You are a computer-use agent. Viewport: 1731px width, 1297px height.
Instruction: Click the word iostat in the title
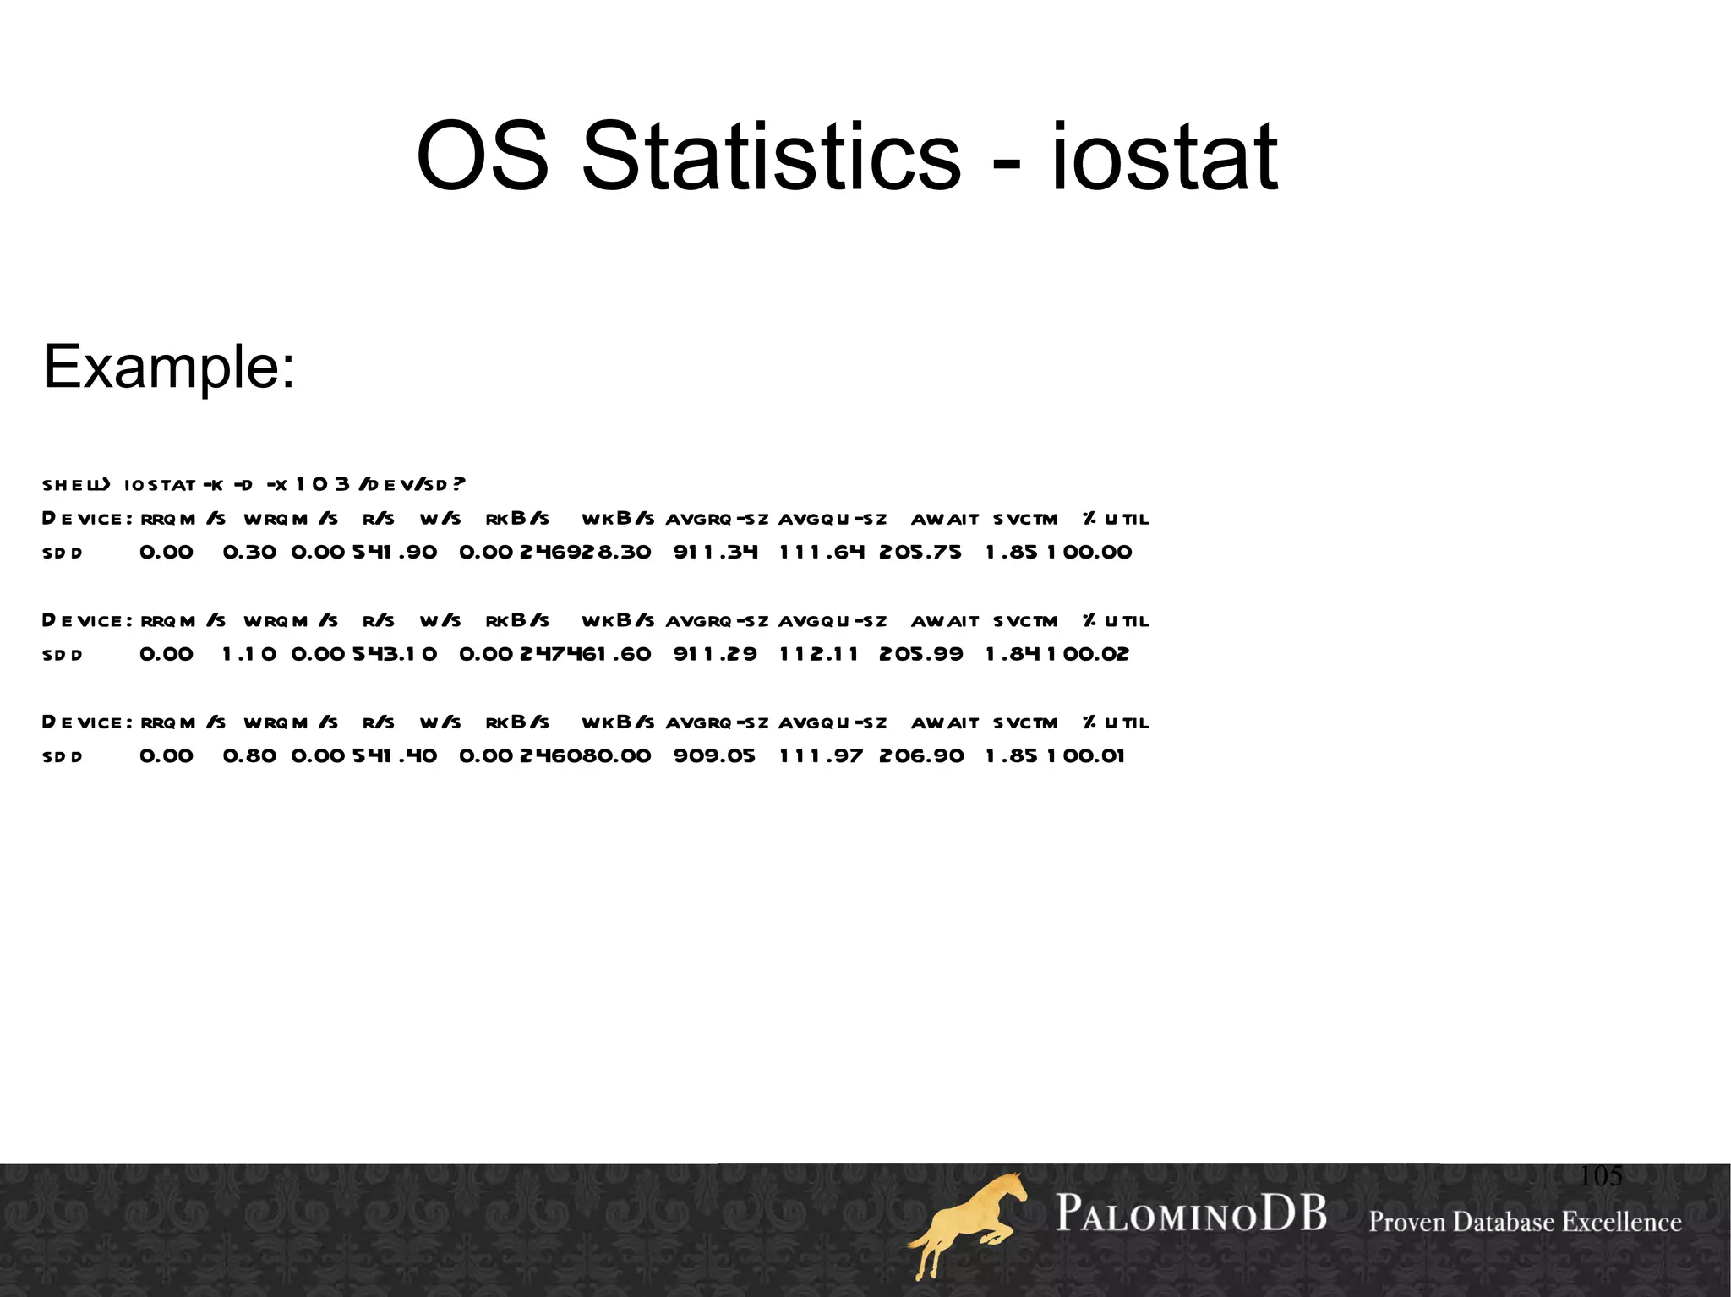pos(1164,157)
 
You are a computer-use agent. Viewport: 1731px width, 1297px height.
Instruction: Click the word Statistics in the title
pos(771,157)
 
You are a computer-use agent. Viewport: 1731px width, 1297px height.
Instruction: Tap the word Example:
pos(169,368)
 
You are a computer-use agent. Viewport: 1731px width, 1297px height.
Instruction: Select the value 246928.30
pos(585,553)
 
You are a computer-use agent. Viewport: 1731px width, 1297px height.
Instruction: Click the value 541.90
pos(395,553)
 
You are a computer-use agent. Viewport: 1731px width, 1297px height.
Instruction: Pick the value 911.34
pos(715,553)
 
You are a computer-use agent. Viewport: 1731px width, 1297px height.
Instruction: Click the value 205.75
pos(920,553)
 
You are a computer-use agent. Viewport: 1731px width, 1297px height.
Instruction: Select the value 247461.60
pos(585,654)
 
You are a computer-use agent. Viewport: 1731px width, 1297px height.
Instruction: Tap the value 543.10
pos(395,654)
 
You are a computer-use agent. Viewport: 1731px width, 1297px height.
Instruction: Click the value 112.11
pos(818,654)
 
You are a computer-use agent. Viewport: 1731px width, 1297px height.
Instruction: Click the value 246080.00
pos(585,756)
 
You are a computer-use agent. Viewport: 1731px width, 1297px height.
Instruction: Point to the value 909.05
pos(714,756)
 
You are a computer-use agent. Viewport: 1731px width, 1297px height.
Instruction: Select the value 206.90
pos(920,756)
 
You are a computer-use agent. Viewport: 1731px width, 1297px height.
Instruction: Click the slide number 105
pos(1601,1176)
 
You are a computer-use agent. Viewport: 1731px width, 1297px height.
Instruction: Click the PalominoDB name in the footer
pos(1191,1214)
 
